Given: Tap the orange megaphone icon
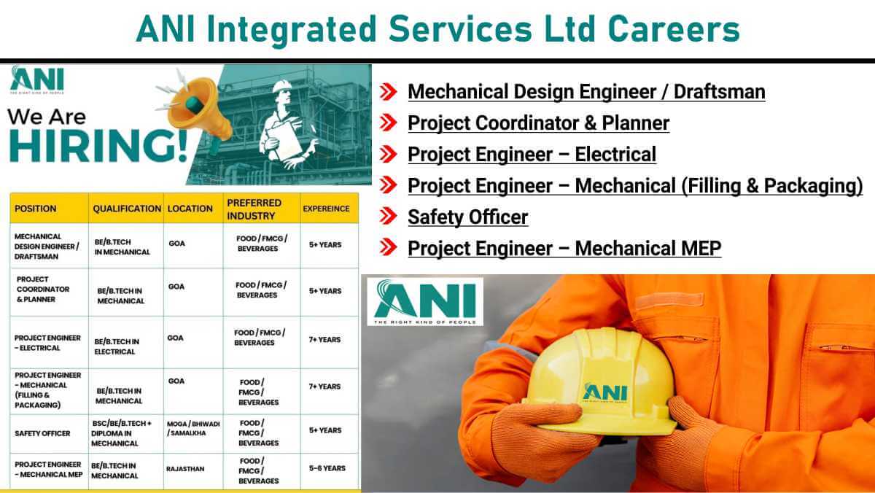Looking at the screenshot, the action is pyautogui.click(x=195, y=109).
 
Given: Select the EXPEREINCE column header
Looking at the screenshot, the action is pyautogui.click(x=326, y=209).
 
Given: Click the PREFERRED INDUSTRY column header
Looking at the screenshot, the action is pyautogui.click(x=254, y=209).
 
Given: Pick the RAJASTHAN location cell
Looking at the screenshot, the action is pyautogui.click(x=185, y=469).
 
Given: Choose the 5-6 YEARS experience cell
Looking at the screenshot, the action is pyautogui.click(x=327, y=468).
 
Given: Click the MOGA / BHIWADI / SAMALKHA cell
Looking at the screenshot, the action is pyautogui.click(x=193, y=429).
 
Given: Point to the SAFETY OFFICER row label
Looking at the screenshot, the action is pyautogui.click(x=42, y=433).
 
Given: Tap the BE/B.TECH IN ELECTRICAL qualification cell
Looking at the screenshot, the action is pyautogui.click(x=117, y=346).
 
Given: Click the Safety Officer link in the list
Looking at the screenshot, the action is pyautogui.click(x=468, y=217).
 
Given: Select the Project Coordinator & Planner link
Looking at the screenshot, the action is pyautogui.click(x=539, y=123).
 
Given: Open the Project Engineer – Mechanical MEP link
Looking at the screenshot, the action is pyautogui.click(x=564, y=249).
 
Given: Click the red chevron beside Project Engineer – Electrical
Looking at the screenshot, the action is pyautogui.click(x=388, y=154).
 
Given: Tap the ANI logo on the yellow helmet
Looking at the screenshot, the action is pyautogui.click(x=605, y=392).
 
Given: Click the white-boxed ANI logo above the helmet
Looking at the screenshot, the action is pyautogui.click(x=425, y=302).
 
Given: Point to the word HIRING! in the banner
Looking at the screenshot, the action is pyautogui.click(x=98, y=145).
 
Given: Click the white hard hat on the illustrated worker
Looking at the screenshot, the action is pyautogui.click(x=282, y=86).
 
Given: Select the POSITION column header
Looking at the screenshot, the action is pyautogui.click(x=36, y=209).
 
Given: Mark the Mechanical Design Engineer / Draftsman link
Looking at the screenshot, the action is pyautogui.click(x=586, y=92).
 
